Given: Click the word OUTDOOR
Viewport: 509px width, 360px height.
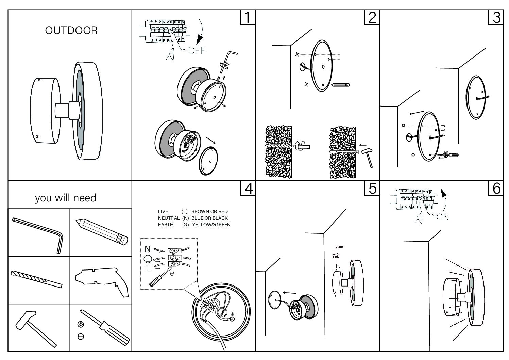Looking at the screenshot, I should coord(71,31).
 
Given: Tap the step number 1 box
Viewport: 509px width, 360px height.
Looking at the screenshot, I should coord(248,17).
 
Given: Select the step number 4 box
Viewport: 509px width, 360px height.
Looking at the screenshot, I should coord(248,188).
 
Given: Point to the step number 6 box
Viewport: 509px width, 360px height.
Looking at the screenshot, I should coord(496,188).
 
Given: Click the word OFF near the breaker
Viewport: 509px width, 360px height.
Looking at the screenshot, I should coord(197,50).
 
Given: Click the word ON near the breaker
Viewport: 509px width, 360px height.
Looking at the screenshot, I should coord(442,217).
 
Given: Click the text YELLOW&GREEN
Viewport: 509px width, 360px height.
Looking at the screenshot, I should coord(211,225).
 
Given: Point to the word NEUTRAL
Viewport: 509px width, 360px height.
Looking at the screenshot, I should coord(169,218).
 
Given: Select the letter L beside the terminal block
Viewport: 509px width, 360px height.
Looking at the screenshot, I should coord(148,268).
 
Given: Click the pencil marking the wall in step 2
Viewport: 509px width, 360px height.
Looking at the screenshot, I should coord(340,84).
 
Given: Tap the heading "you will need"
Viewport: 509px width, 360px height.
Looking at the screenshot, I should coord(66,198).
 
